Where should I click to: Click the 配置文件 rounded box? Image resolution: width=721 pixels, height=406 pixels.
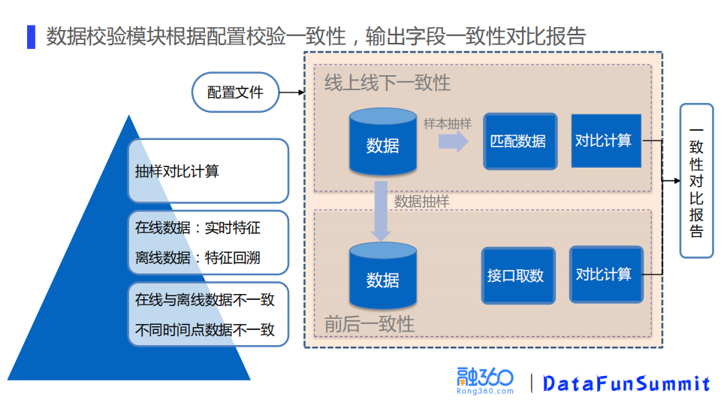(x=236, y=92)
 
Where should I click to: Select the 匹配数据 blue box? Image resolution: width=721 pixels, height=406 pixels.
(x=519, y=141)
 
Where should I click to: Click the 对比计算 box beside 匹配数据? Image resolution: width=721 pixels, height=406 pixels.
(x=605, y=141)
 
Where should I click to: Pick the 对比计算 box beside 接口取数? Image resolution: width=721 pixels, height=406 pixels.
(x=605, y=274)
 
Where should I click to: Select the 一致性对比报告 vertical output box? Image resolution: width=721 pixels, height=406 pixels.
(x=696, y=180)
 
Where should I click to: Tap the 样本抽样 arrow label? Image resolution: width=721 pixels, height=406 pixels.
(x=448, y=123)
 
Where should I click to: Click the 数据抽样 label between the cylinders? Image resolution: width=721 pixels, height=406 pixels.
(x=422, y=201)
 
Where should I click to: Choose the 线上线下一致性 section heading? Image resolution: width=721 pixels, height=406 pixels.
(x=388, y=83)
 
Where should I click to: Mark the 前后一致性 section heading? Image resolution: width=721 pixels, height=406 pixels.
(x=370, y=324)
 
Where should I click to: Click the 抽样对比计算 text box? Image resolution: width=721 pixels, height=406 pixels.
(x=208, y=171)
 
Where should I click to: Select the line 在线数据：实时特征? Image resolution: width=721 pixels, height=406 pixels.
(x=198, y=227)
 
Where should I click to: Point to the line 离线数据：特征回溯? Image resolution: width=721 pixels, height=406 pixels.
(x=198, y=257)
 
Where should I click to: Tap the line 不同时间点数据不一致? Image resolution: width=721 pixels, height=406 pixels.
(x=204, y=329)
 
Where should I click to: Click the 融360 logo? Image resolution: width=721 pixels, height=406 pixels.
(x=485, y=381)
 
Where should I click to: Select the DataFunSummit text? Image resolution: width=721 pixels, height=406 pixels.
(x=626, y=383)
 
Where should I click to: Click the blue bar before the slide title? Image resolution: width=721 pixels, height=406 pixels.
(x=31, y=37)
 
